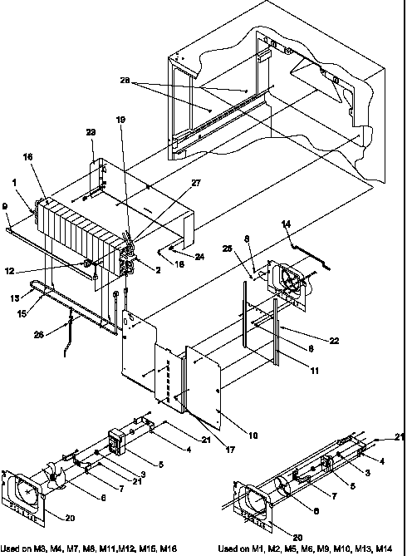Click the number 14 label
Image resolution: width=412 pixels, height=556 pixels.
pos(287,224)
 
